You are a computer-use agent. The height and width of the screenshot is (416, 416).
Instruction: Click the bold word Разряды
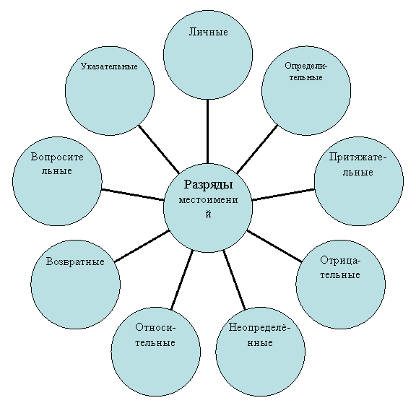point(208,185)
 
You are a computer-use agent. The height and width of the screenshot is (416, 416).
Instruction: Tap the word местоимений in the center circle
point(208,207)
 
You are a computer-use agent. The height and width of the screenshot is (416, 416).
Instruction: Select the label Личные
point(208,32)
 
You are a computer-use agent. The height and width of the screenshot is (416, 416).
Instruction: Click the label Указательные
point(109,66)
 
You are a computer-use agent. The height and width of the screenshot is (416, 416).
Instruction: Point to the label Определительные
point(305,71)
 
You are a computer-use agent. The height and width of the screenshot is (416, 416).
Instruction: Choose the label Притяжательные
point(358,165)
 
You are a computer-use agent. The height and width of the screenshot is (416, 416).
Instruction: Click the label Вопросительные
point(57,164)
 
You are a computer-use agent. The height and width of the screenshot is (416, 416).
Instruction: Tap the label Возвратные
point(75,261)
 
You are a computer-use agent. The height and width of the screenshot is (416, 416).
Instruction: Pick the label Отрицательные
point(340,267)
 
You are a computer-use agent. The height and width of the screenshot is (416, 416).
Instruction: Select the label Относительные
point(155,335)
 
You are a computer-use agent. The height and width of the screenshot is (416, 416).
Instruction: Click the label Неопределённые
point(260,335)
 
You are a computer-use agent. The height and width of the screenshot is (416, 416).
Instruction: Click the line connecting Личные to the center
point(208,131)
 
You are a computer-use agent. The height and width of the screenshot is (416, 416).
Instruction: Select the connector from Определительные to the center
point(257,149)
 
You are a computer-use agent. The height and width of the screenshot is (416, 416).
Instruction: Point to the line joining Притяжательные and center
point(283,194)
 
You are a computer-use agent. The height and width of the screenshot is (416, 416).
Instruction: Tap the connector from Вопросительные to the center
point(133,194)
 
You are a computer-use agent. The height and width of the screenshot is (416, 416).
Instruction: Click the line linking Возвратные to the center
point(142,246)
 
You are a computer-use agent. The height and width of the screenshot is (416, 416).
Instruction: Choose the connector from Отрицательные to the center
point(274,246)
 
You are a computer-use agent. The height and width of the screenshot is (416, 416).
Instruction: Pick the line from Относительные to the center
point(182,279)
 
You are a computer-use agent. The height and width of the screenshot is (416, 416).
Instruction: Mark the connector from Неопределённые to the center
point(234,279)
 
